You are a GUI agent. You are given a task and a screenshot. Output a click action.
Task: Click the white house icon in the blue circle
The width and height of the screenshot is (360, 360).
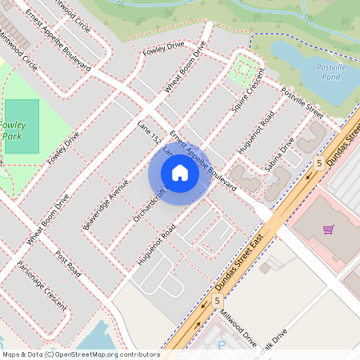click(180, 173)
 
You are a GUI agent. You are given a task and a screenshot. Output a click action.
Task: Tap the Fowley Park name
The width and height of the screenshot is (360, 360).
click(14, 130)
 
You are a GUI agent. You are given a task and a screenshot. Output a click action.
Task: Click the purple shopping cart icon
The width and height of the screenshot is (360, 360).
click(328, 230)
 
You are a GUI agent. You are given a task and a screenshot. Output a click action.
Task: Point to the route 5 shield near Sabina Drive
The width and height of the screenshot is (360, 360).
click(318, 163)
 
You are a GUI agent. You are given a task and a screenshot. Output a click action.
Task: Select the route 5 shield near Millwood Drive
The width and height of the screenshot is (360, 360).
click(217, 300)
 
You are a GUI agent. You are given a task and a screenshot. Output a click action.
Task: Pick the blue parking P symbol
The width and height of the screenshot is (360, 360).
click(222, 346)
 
